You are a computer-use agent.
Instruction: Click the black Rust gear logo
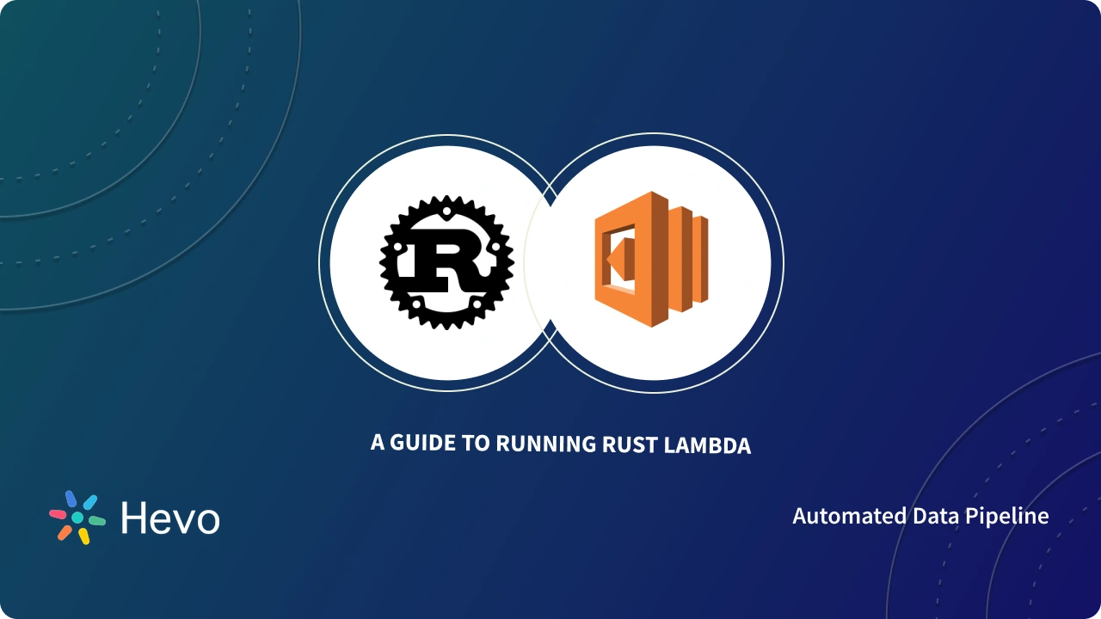coord(446,262)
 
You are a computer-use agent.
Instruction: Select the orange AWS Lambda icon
coord(651,259)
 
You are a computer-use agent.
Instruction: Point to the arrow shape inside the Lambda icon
coord(617,258)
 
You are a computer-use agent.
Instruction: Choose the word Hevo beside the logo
coord(170,518)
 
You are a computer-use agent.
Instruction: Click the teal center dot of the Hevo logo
coord(77,518)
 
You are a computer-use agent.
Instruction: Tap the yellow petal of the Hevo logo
coord(84,536)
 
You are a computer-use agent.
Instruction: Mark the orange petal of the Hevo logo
coord(65,532)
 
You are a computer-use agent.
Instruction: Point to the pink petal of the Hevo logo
coord(58,514)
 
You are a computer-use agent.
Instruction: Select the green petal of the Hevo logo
coord(96,520)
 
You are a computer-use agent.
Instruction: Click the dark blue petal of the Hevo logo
coord(71,499)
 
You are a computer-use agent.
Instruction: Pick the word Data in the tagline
coord(934,516)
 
